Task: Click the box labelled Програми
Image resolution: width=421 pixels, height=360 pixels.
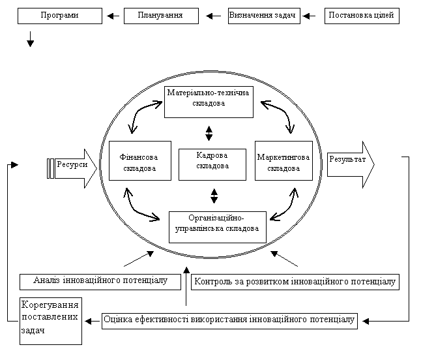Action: pyautogui.click(x=60, y=16)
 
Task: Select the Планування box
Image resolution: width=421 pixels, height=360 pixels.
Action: pyautogui.click(x=161, y=16)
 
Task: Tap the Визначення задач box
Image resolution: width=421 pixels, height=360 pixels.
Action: pyautogui.click(x=264, y=16)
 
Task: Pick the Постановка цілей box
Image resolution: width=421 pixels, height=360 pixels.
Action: pyautogui.click(x=362, y=16)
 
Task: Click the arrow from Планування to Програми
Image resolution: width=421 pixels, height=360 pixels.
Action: pyautogui.click(x=113, y=16)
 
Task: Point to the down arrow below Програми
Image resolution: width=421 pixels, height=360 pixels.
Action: pyautogui.click(x=31, y=39)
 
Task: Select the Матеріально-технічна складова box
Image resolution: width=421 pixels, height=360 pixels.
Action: pyautogui.click(x=209, y=102)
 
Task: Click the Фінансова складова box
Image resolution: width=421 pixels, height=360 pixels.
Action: pyautogui.click(x=140, y=160)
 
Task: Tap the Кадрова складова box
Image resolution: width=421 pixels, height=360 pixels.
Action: pyautogui.click(x=212, y=164)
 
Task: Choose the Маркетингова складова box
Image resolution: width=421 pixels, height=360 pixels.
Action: pyautogui.click(x=283, y=160)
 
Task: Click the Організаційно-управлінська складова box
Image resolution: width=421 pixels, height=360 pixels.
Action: pyautogui.click(x=218, y=228)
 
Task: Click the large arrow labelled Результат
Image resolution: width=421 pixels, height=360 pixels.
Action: pyautogui.click(x=351, y=164)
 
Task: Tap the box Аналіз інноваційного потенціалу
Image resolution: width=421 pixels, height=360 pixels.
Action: pyautogui.click(x=100, y=282)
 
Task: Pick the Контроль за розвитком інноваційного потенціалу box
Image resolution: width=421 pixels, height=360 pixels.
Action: pyautogui.click(x=295, y=282)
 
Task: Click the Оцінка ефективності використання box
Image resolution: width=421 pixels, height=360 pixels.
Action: pyautogui.click(x=229, y=321)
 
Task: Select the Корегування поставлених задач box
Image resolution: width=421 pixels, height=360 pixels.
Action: pyautogui.click(x=51, y=321)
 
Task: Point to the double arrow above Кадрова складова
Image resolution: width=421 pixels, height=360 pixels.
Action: pyautogui.click(x=209, y=134)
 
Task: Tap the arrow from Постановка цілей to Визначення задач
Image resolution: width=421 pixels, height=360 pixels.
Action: pyautogui.click(x=309, y=16)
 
